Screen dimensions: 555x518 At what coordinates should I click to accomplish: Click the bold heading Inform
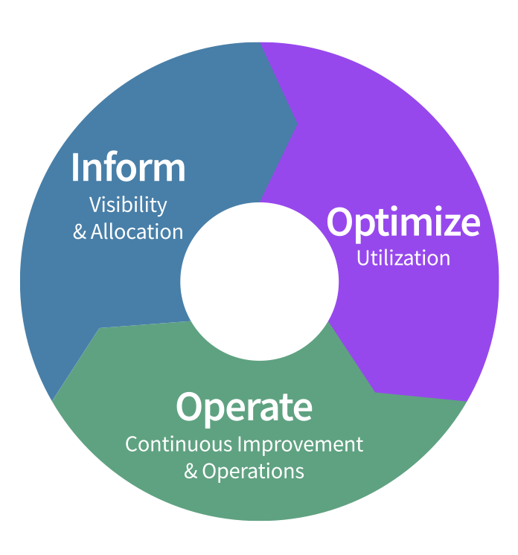128,167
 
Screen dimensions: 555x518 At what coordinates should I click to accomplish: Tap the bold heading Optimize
403,222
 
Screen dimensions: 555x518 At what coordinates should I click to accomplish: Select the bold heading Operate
244,407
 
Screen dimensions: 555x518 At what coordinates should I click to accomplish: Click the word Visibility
128,205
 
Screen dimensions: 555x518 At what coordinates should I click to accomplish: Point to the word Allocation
137,231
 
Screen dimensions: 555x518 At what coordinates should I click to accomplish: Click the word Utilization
403,258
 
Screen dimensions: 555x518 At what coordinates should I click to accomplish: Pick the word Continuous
178,444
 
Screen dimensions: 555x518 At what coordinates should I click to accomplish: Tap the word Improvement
300,445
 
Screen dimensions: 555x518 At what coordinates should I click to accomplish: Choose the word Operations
253,471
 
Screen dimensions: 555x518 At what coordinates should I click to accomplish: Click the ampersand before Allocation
80,232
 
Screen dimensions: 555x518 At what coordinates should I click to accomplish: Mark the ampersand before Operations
191,472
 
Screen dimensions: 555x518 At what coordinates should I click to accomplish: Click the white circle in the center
259,281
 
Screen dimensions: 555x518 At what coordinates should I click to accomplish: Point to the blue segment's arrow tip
296,124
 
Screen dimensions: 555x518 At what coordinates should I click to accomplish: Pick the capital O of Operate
191,407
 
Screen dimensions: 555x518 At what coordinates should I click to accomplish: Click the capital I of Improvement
240,444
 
